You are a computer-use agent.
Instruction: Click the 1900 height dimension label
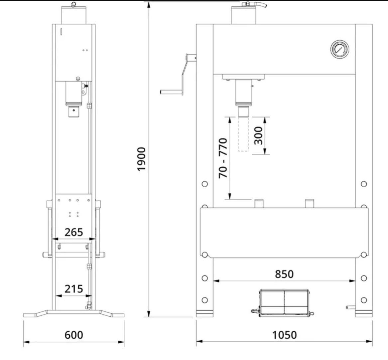(141, 159)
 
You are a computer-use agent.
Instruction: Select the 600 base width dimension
(74, 335)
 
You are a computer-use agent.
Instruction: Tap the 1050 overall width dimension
(284, 335)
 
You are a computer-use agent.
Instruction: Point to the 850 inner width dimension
(284, 274)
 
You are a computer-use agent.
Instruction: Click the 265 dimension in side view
(74, 232)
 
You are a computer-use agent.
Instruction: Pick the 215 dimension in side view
(74, 289)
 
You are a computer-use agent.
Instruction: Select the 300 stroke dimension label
(258, 135)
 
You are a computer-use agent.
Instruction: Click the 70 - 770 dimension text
(223, 158)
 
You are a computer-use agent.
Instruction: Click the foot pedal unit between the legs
(284, 303)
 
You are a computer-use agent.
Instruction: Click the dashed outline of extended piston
(243, 134)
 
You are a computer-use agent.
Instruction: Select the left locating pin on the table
(259, 203)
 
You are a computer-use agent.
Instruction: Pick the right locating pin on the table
(309, 203)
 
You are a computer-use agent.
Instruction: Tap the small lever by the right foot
(350, 307)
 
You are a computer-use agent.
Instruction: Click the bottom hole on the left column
(205, 300)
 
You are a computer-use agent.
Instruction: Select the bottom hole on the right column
(364, 300)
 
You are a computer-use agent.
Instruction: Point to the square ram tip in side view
(74, 112)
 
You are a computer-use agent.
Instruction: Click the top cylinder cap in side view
(74, 15)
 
